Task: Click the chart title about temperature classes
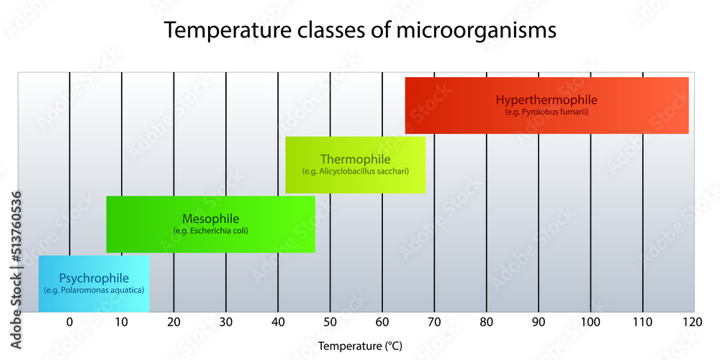point(360,31)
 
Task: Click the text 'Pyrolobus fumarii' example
point(546,112)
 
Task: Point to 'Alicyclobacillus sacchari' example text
point(356,171)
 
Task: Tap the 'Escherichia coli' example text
point(210,230)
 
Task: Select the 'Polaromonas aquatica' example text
point(94,289)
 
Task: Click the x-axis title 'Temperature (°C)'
point(360,346)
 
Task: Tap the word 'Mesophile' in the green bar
point(210,218)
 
